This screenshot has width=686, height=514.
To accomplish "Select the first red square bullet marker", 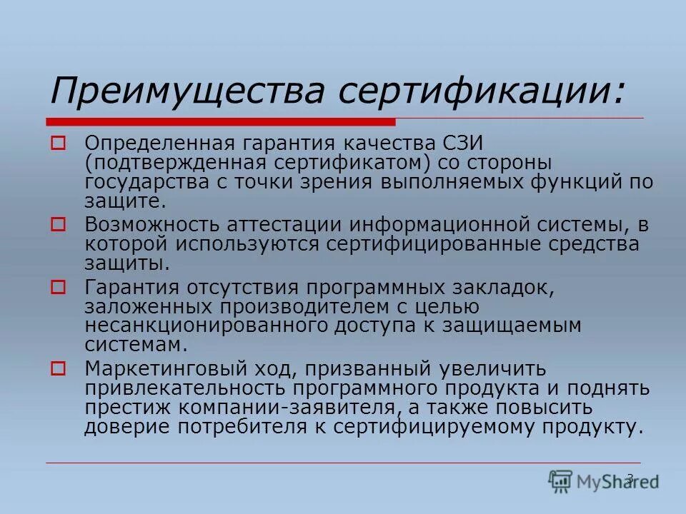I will (x=58, y=143).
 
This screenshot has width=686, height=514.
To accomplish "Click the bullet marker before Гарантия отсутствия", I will (x=58, y=288).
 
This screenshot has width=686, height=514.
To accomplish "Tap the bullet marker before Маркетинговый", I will (x=58, y=369).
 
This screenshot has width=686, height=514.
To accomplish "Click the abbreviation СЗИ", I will (x=462, y=144).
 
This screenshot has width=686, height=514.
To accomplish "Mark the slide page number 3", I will (x=630, y=478).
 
